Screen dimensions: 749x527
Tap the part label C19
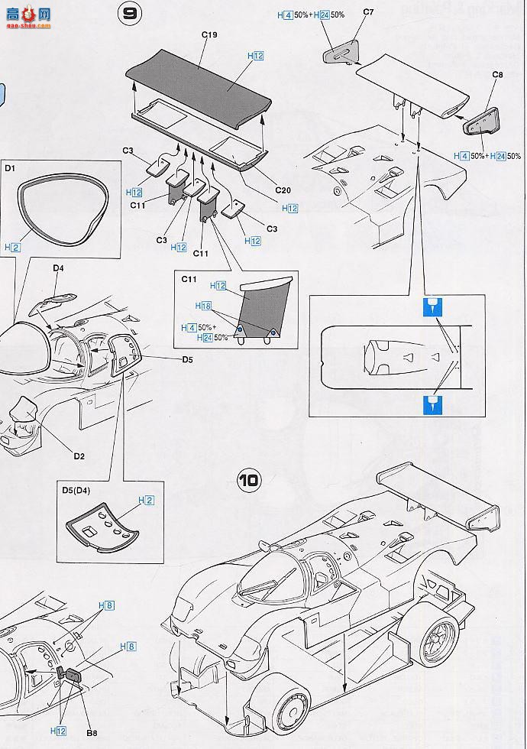[x=211, y=34]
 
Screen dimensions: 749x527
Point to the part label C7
[x=368, y=12]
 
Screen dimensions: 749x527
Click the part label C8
[x=497, y=74]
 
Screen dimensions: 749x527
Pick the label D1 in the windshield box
[x=11, y=166]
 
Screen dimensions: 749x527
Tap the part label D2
[x=79, y=456]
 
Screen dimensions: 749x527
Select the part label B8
[x=91, y=734]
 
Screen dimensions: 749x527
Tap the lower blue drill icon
[x=432, y=403]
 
